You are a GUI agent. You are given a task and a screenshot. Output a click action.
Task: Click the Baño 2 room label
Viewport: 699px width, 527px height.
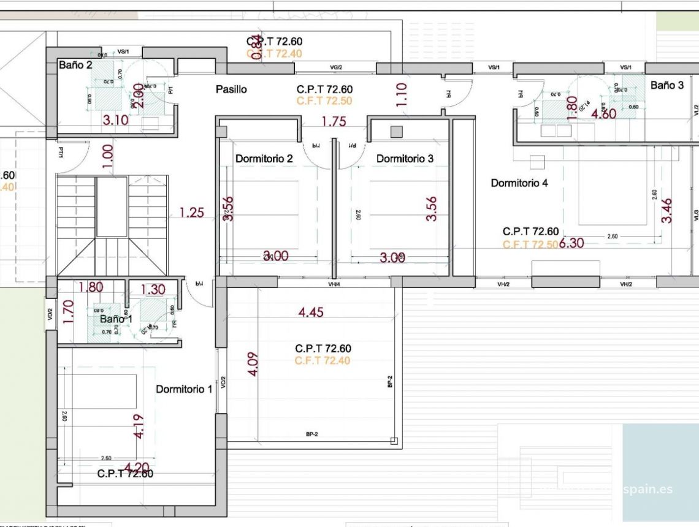(75, 65)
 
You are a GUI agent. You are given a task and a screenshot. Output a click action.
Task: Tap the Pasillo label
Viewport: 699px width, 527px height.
(231, 89)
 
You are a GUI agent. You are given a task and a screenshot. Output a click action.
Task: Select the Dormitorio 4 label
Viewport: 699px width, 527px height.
(519, 183)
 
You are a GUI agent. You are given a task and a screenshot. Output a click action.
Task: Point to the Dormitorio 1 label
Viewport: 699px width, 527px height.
(184, 389)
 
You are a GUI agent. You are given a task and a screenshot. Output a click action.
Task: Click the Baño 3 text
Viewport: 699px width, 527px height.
(667, 86)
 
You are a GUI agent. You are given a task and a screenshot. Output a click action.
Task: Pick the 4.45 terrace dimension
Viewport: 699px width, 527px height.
(311, 313)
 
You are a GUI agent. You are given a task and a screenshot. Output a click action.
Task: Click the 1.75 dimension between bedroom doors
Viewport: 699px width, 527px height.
(334, 121)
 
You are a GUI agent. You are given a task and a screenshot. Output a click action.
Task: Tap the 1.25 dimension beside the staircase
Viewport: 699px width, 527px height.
(191, 213)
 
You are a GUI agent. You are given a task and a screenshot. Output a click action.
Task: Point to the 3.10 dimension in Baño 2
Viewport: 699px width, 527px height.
(115, 120)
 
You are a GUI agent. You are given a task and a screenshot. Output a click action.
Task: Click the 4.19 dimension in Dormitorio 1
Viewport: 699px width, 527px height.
(139, 426)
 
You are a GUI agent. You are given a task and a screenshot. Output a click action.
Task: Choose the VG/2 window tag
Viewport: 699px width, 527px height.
(336, 67)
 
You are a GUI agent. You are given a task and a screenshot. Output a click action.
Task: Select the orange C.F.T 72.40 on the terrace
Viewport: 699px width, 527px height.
(323, 361)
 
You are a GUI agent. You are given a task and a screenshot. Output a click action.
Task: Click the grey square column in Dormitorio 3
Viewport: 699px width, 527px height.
(397, 131)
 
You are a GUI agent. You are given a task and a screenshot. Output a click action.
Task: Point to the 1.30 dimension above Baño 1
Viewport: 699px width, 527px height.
(153, 290)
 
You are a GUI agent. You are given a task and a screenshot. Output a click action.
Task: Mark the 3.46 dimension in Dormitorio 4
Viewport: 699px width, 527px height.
(667, 210)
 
